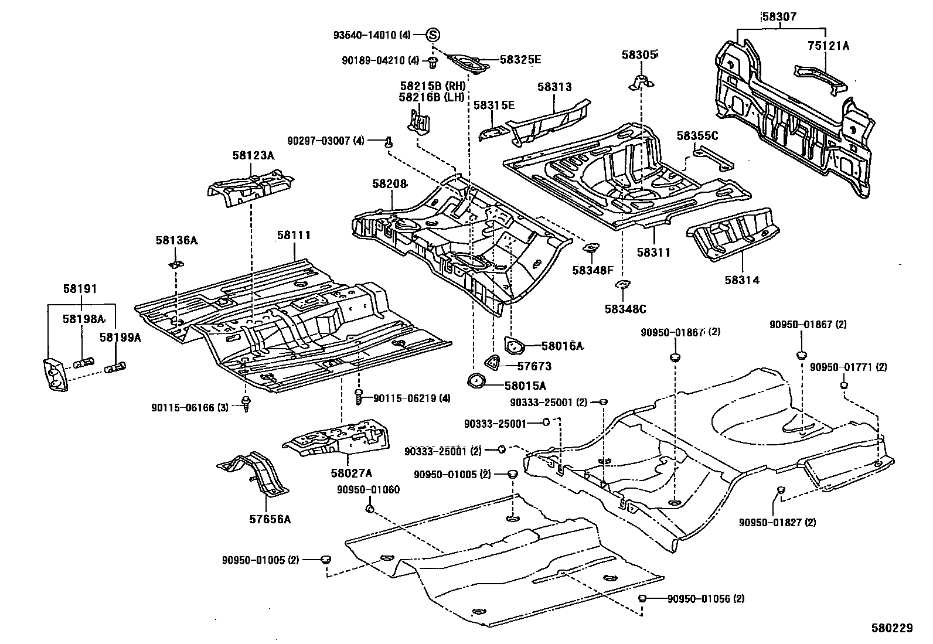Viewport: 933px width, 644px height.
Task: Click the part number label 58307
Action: tap(779, 17)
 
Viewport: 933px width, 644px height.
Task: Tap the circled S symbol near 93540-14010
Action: tap(432, 35)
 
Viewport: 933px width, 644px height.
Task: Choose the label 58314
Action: tap(741, 280)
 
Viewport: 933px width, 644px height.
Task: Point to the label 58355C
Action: tap(697, 135)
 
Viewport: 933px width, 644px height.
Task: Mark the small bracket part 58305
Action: tap(642, 83)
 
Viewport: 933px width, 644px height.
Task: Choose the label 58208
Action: tap(389, 184)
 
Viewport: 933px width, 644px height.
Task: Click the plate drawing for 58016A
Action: tap(514, 346)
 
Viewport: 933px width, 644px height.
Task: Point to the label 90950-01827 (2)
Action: tap(777, 522)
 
